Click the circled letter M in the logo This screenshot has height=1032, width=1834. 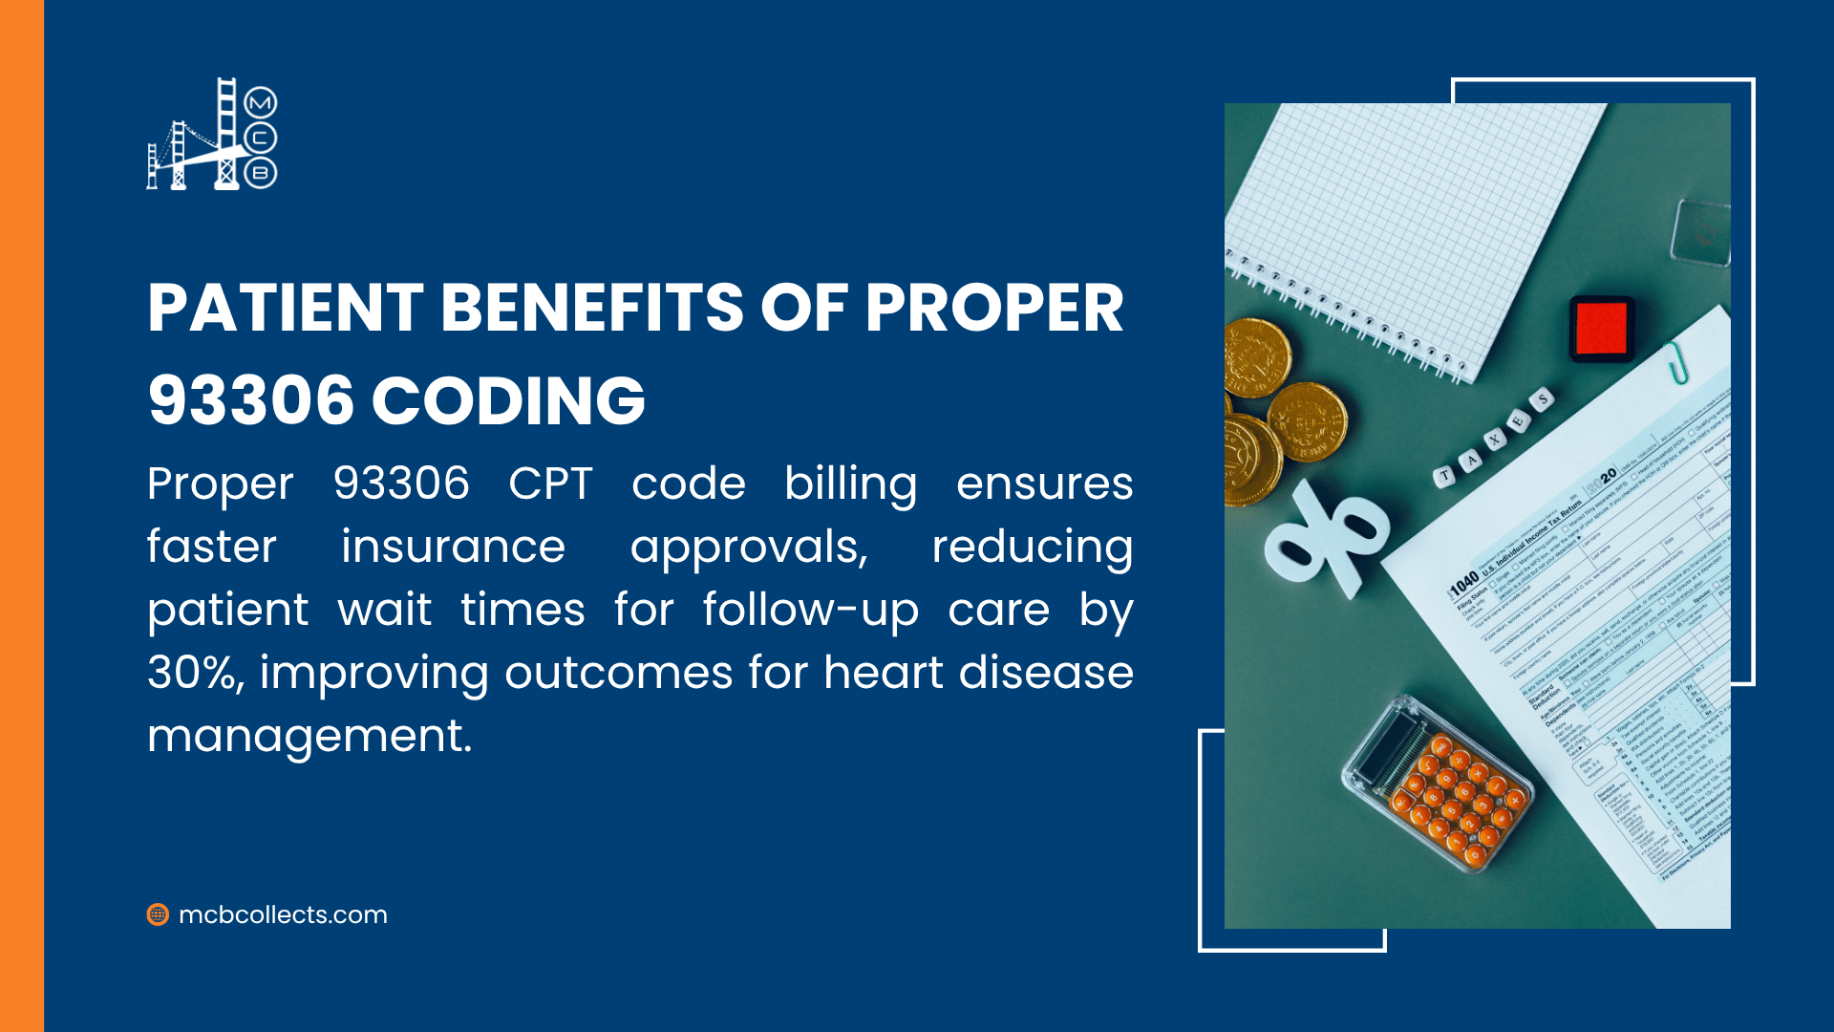tap(261, 102)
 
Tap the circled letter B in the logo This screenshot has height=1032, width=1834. tap(261, 173)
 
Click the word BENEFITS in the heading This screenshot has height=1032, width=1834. tap(591, 309)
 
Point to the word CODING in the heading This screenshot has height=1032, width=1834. tap(508, 400)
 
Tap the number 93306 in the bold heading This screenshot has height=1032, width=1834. tap(251, 400)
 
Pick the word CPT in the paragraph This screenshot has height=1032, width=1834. tap(550, 484)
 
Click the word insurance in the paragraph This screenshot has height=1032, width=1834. tap(453, 547)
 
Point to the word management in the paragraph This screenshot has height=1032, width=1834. tap(309, 737)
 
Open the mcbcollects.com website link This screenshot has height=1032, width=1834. tap(283, 914)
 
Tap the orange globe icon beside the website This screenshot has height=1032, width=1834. tap(158, 914)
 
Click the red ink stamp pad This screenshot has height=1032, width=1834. tap(1602, 328)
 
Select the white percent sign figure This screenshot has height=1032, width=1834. tap(1326, 541)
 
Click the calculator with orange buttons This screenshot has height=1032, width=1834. tap(1439, 785)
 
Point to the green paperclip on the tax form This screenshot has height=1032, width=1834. tap(1676, 363)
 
